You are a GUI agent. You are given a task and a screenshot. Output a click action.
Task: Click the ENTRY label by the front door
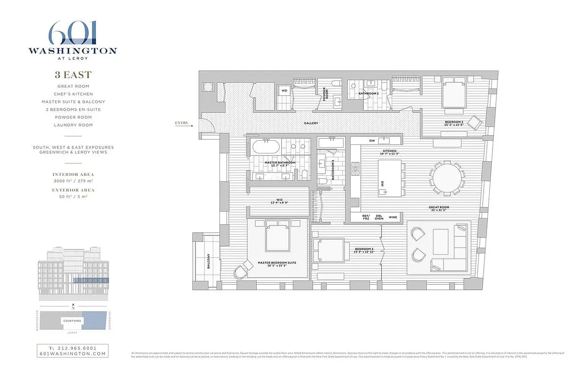pos(181,123)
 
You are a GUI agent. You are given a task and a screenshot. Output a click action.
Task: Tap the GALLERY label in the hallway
pos(311,123)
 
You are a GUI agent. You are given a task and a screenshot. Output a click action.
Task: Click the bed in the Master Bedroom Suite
pos(278,236)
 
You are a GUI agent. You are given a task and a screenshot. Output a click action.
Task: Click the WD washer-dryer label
pos(285,90)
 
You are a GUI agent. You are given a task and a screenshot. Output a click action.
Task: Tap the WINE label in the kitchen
pos(393,217)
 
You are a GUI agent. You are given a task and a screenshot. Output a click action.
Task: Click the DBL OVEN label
pos(379,217)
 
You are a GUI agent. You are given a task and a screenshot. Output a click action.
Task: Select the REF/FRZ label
pos(366,217)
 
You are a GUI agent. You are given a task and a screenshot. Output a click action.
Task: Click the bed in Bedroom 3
pos(330,250)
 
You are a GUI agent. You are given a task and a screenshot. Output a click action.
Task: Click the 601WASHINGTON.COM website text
pos(72,353)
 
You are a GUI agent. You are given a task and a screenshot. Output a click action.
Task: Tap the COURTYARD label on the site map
pos(72,321)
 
